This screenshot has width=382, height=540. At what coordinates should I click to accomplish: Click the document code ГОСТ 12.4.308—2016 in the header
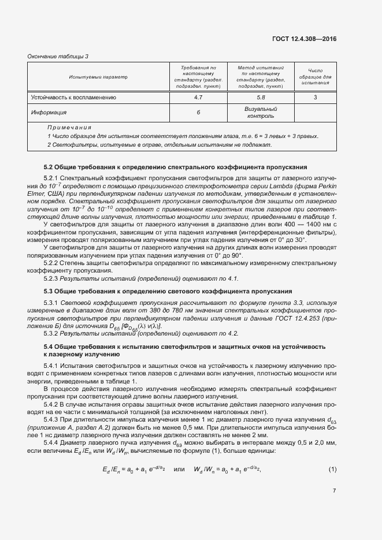click(x=305, y=38)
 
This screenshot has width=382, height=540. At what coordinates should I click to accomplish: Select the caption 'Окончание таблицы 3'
click(x=58, y=56)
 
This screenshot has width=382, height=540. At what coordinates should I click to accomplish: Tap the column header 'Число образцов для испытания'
click(x=316, y=76)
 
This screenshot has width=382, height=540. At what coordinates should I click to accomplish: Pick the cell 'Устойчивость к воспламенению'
click(x=73, y=98)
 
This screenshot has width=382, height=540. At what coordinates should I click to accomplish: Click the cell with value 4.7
click(x=198, y=98)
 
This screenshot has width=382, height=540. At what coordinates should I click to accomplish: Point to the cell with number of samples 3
click(x=316, y=98)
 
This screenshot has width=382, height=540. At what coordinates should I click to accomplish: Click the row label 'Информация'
click(x=49, y=113)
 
